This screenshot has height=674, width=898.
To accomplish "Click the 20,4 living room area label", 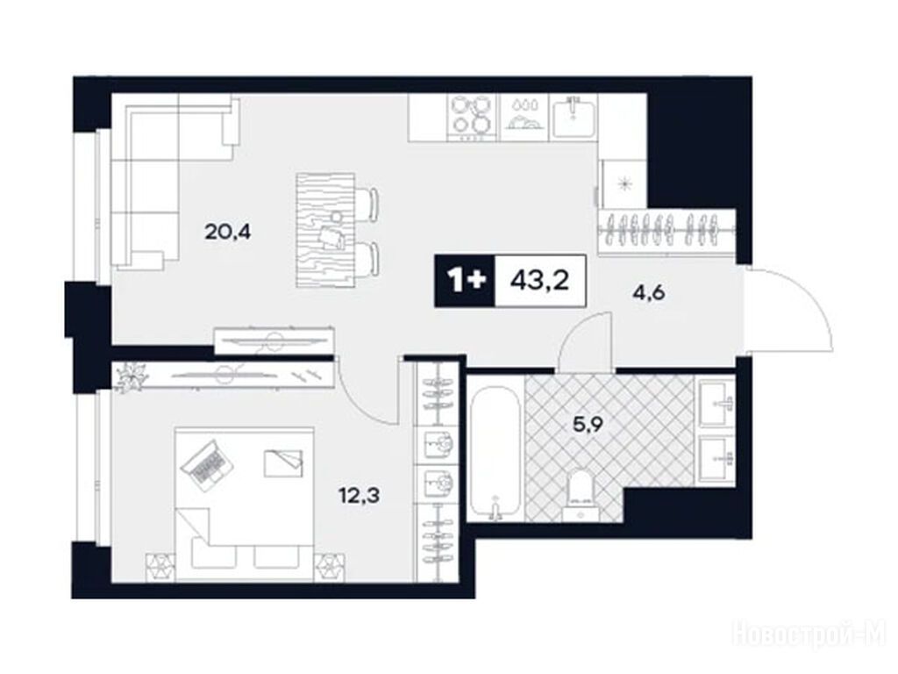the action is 228,233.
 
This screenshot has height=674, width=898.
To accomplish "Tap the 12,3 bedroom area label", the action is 359,494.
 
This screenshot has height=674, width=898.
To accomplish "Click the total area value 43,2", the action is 539,281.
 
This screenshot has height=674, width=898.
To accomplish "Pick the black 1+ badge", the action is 465,281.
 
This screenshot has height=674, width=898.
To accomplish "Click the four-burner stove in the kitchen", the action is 471,118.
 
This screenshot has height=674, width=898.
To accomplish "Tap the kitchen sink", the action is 574,117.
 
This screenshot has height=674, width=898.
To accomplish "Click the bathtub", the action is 495,454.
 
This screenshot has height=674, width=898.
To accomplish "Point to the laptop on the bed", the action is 207,464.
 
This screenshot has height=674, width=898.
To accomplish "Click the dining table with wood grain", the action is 324,230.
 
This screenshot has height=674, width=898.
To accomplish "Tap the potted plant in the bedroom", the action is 131,377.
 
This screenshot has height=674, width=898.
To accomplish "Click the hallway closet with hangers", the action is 666,232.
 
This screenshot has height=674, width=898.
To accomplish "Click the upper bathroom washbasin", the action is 715,403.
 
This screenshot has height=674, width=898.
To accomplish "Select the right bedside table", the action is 330,566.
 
